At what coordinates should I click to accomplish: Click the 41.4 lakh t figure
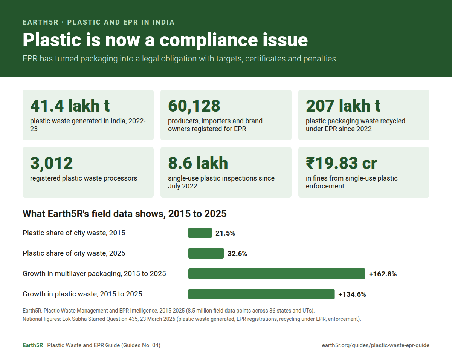coord(70,106)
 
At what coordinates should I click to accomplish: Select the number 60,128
coord(194,106)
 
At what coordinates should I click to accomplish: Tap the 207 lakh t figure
coord(343,106)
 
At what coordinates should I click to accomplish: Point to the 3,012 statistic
coord(52,163)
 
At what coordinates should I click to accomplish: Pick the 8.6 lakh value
coord(198,163)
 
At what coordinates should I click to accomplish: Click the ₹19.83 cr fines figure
coord(341,163)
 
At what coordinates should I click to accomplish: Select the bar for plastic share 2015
coord(200,233)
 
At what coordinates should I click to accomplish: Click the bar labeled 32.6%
coord(206,253)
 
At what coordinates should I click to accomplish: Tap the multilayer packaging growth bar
coord(277,274)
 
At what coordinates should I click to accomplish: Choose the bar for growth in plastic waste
coord(261,294)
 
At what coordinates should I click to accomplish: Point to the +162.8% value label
coord(383,274)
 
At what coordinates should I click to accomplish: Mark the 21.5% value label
coord(225,233)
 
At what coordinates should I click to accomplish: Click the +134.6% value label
coord(352,294)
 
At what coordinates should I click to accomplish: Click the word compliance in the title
coord(209,40)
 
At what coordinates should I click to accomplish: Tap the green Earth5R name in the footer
coord(33,345)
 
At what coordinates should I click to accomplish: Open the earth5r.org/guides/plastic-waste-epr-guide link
coord(376,346)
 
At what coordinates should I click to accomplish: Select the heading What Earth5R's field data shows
coord(125,214)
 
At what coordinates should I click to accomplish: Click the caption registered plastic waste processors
coord(84,178)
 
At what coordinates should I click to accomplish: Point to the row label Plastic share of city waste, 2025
coord(74,253)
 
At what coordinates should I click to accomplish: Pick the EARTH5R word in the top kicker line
coord(41,22)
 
